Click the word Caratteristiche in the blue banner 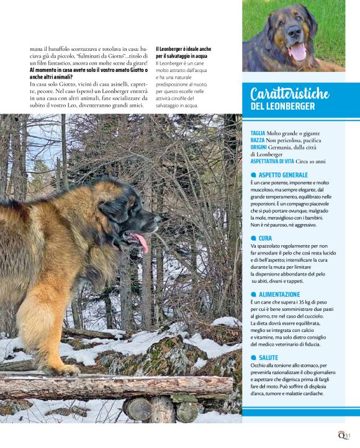(290, 94)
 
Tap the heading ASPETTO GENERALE (283, 175)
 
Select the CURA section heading (265, 238)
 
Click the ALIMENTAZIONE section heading (279, 294)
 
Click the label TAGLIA (258, 133)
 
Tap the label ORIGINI (259, 147)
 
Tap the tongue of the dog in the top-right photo (298, 55)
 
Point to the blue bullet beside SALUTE (253, 357)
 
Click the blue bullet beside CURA (253, 238)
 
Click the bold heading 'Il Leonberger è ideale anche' (183, 48)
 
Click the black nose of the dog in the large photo (158, 218)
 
